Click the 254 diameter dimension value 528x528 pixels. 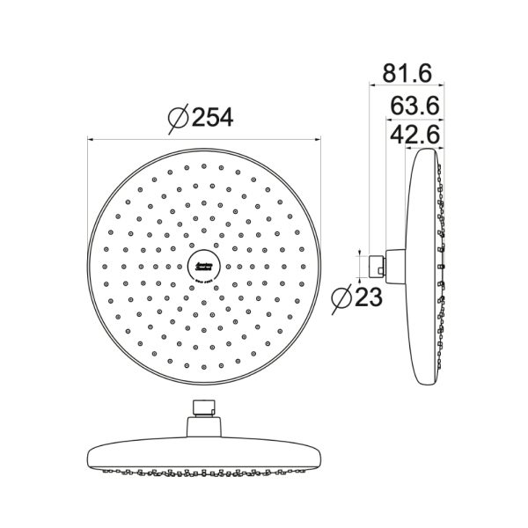click(213, 117)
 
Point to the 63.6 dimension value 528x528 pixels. click(414, 106)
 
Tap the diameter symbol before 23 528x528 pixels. click(342, 298)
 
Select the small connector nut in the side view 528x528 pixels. click(376, 261)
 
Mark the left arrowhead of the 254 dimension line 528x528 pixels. click(92, 138)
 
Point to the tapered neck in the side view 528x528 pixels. click(393, 261)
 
